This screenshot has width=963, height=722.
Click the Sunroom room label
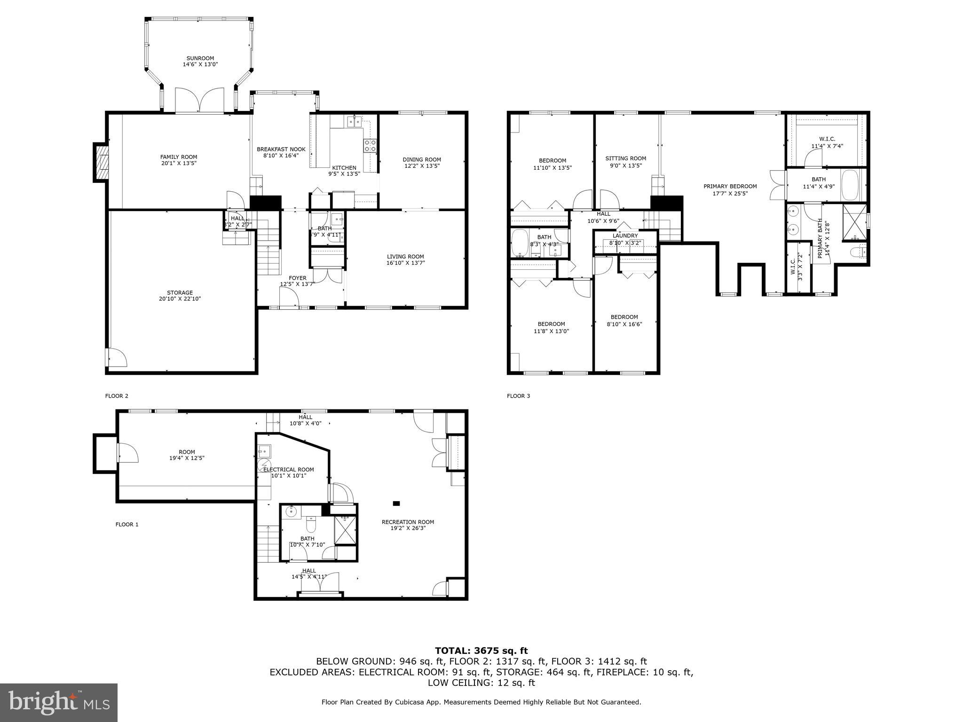[x=200, y=58]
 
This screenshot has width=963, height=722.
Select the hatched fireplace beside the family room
[x=101, y=162]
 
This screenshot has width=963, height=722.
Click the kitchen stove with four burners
[x=370, y=146]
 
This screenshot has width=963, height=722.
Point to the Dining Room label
[x=422, y=159]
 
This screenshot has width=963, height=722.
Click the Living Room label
[x=405, y=257]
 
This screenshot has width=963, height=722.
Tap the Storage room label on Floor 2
[x=180, y=292]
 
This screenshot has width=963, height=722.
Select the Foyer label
[x=297, y=278]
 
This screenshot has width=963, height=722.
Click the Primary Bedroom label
[x=730, y=186]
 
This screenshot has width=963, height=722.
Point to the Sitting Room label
[x=625, y=158]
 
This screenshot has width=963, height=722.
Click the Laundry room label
[x=625, y=235]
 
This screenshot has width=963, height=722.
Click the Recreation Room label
[x=408, y=522]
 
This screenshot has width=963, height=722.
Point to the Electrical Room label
[x=288, y=469]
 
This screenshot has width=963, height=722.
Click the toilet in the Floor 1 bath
[x=311, y=523]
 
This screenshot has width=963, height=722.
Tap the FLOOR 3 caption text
[x=518, y=396]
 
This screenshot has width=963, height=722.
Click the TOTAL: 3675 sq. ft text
[x=481, y=651]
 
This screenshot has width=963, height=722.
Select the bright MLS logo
[x=58, y=702]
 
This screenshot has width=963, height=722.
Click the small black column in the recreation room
[x=396, y=503]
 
